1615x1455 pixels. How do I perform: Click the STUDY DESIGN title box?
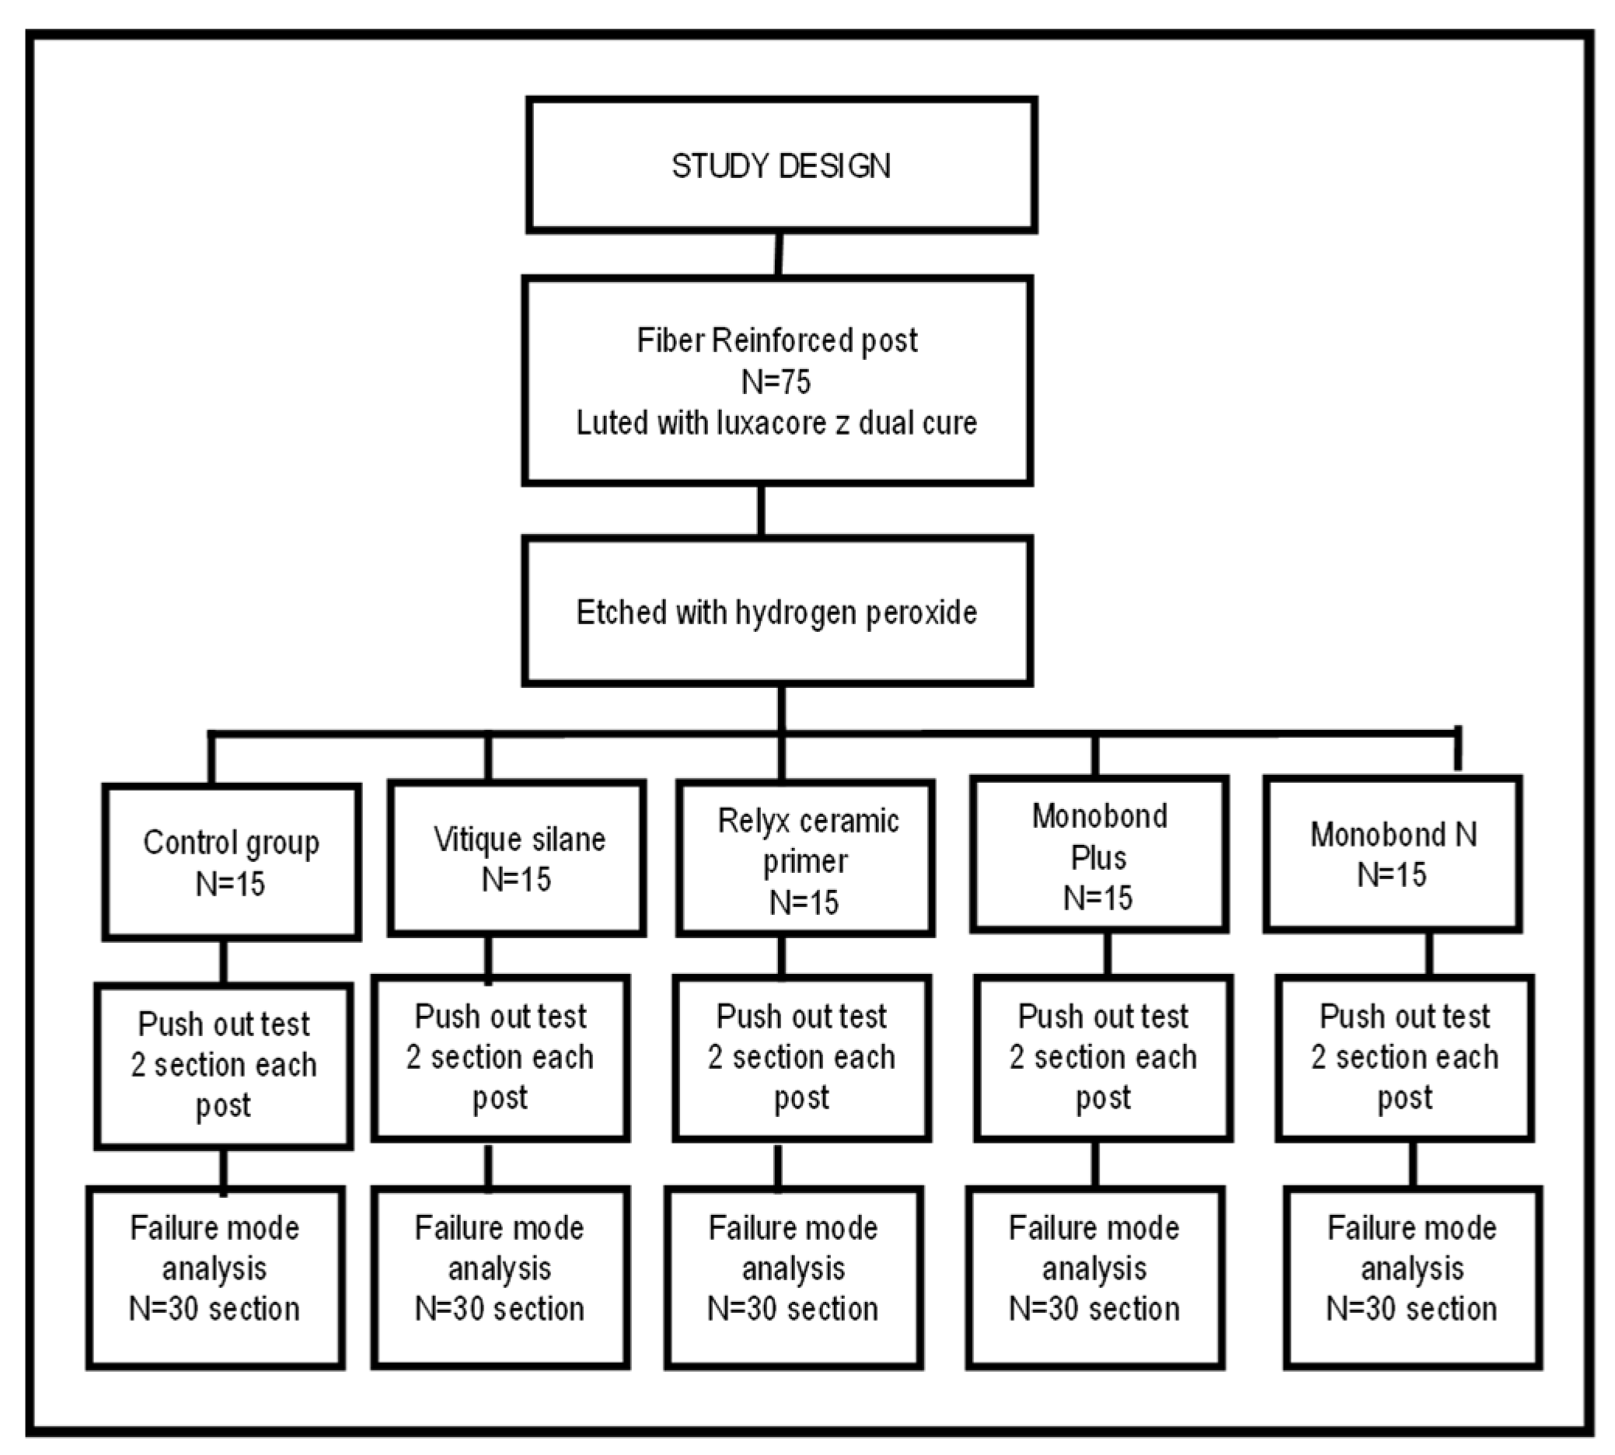tap(781, 166)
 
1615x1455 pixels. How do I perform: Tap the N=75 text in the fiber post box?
tap(776, 382)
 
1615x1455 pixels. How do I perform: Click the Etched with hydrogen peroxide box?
tap(776, 612)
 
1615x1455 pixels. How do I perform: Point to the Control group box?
tap(231, 862)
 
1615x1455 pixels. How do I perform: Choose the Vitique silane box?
tap(517, 858)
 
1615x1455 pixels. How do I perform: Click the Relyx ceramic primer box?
tap(805, 859)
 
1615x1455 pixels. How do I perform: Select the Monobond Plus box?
tap(1098, 854)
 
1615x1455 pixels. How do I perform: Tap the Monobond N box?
tap(1392, 854)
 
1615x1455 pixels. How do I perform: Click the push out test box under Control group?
tap(223, 1066)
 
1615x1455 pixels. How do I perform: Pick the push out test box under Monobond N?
tap(1404, 1058)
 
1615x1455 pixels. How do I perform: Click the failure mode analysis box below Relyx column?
tap(793, 1279)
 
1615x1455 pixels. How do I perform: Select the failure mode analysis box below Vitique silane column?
tap(500, 1279)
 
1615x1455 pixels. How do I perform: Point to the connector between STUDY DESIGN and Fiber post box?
tap(779, 254)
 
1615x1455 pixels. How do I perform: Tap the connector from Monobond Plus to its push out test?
tap(1107, 954)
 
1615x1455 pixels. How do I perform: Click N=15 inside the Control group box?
tap(230, 885)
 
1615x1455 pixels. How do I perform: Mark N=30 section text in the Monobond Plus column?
tap(1094, 1310)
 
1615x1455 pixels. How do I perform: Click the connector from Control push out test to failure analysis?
tap(223, 1171)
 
